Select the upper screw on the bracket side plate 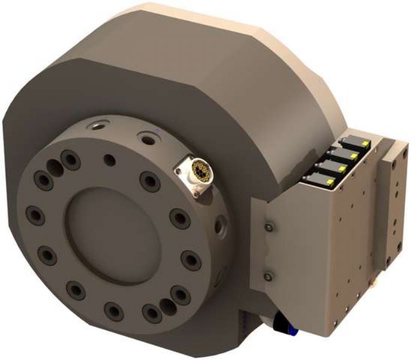tap(269, 226)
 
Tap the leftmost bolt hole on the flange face tap(33, 214)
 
